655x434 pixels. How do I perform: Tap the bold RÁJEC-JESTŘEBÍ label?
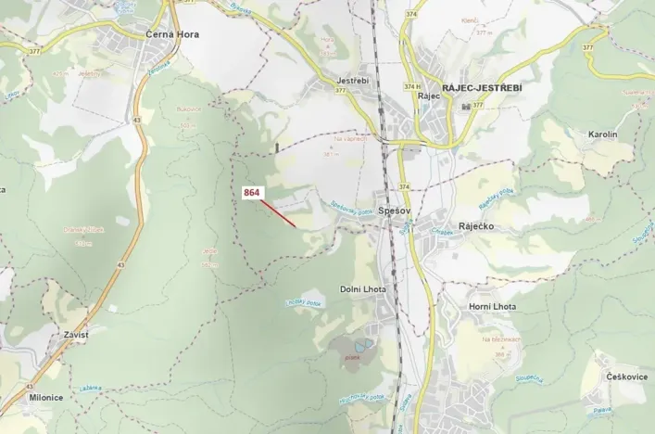pyautogui.click(x=482, y=87)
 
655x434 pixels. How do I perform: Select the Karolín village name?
pyautogui.click(x=602, y=135)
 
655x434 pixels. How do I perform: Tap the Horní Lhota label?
pyautogui.click(x=492, y=307)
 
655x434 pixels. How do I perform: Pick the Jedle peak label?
pyautogui.click(x=209, y=251)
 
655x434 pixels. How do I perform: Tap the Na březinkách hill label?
pyautogui.click(x=499, y=340)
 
